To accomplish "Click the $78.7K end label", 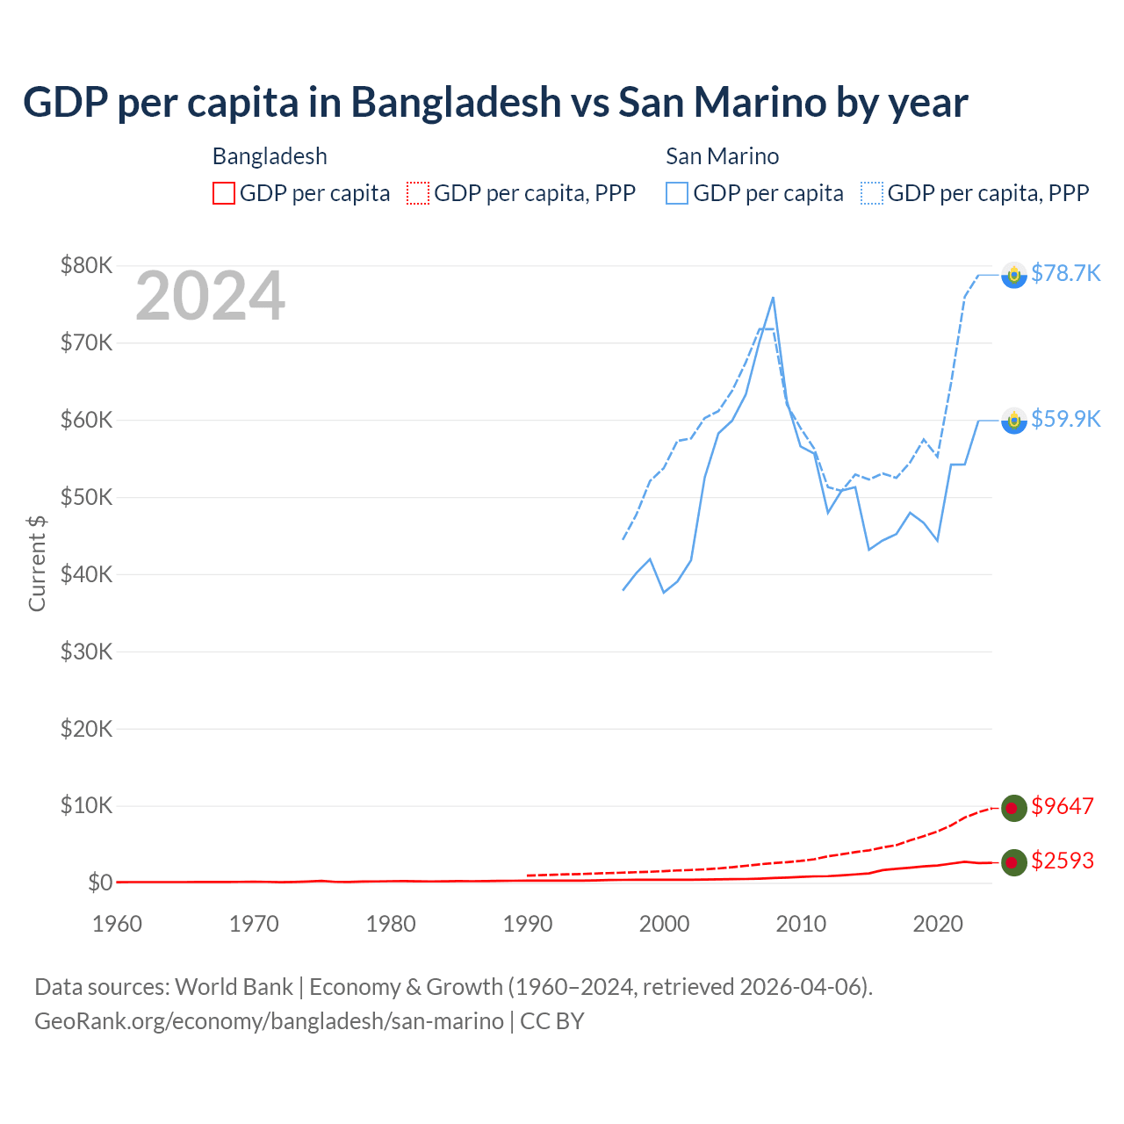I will [x=1065, y=274].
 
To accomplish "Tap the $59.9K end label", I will [x=1065, y=420].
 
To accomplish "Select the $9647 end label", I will [x=1062, y=806].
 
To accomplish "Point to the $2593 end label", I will [x=1062, y=861].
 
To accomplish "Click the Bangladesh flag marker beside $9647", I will [x=1013, y=808].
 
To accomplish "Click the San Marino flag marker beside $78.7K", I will [x=1013, y=275].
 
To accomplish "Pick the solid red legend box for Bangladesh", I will [x=224, y=193].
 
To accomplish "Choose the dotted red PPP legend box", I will [x=418, y=193].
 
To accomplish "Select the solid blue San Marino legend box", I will [x=677, y=193].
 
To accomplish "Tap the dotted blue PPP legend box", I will [x=872, y=193].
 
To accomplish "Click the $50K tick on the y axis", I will [x=87, y=497].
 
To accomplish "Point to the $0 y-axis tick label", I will [x=100, y=883].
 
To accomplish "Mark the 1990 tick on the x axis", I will [x=528, y=924].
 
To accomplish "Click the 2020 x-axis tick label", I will [x=938, y=924].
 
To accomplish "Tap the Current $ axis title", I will [x=37, y=563].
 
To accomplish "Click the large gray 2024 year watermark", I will [x=210, y=297].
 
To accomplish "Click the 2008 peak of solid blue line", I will [x=773, y=298].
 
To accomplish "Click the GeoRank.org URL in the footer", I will [x=269, y=1021].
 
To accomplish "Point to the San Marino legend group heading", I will [x=722, y=156].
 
